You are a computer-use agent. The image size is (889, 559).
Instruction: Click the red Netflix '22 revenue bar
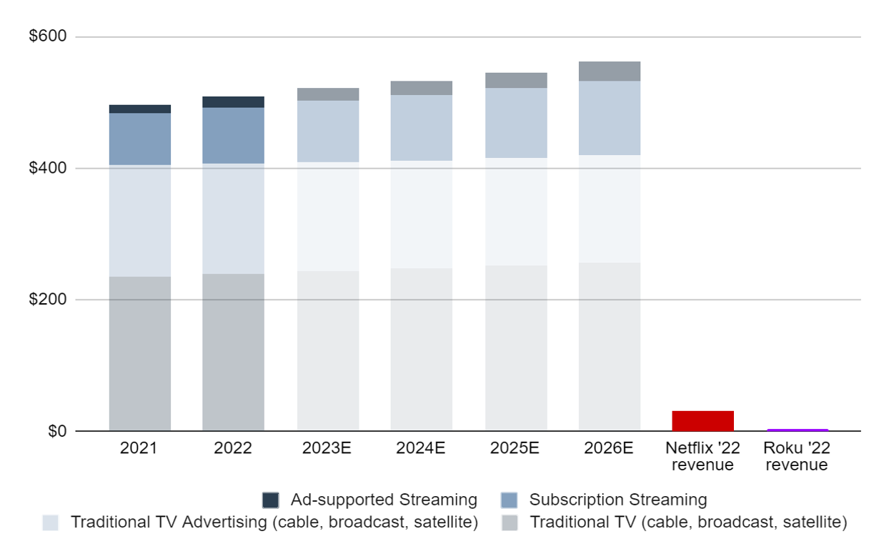coord(702,420)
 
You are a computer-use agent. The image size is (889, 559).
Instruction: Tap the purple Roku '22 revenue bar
coord(797,430)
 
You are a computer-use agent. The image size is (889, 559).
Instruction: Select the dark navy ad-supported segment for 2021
coord(140,109)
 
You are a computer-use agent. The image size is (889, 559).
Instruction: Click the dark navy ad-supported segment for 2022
coord(233,102)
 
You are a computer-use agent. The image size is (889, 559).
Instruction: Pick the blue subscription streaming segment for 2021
coord(140,139)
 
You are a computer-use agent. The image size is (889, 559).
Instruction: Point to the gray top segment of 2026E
coord(609,71)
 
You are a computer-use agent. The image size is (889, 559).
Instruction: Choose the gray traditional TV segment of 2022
coord(233,352)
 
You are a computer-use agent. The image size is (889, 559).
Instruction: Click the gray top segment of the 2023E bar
coord(328,94)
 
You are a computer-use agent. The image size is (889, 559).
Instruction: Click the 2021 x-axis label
coord(139,449)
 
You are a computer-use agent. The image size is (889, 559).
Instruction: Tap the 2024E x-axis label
coord(421,449)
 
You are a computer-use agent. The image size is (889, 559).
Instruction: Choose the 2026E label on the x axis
coord(609,449)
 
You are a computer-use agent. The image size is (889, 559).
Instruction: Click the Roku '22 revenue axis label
coord(797,457)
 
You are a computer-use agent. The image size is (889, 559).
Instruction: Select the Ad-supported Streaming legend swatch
coord(271,500)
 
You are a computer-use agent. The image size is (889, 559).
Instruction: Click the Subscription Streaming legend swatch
coord(510,500)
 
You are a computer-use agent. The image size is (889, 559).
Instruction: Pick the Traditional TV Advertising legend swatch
coord(51,523)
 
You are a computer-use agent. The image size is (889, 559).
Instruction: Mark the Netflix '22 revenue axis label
coord(702,457)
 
